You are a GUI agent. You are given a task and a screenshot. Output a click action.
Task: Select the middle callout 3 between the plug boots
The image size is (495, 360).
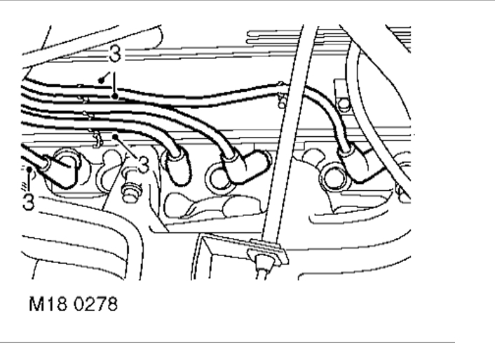(143, 165)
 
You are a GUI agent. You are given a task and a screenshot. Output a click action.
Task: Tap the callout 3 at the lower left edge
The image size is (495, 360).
(28, 201)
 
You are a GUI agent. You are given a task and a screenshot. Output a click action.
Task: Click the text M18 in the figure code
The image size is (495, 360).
(43, 306)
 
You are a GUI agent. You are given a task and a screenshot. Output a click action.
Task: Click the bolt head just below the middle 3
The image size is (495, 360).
(130, 189)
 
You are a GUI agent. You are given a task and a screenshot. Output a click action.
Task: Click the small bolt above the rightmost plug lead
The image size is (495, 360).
(344, 105)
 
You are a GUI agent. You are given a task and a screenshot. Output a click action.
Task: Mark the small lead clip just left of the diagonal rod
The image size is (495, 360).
(280, 95)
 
